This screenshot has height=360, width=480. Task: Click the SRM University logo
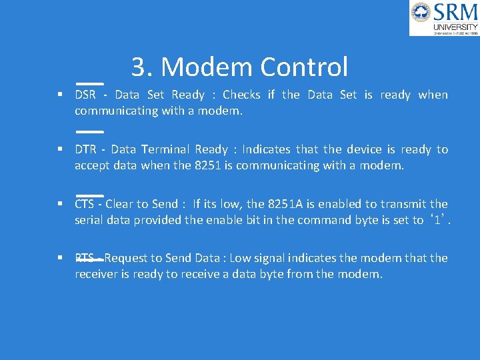pyautogui.click(x=444, y=18)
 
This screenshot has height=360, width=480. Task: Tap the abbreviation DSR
pyautogui.click(x=85, y=95)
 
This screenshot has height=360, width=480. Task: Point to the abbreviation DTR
pyautogui.click(x=85, y=149)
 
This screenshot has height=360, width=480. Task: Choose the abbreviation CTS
pyautogui.click(x=85, y=204)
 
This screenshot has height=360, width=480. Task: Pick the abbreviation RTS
pyautogui.click(x=85, y=258)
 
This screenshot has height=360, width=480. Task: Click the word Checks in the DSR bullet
pyautogui.click(x=241, y=95)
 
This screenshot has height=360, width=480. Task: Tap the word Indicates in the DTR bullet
pyautogui.click(x=266, y=149)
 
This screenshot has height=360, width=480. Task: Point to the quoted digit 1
pyautogui.click(x=437, y=220)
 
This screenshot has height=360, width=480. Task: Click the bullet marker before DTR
pyautogui.click(x=60, y=149)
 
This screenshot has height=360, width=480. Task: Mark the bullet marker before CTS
pyautogui.click(x=60, y=204)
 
